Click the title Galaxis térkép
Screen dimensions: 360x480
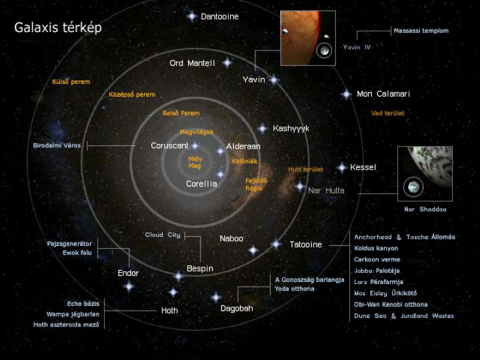pyautogui.click(x=58, y=27)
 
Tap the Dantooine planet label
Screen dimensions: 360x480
pyautogui.click(x=219, y=16)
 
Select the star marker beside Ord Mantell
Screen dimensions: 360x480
pyautogui.click(x=227, y=63)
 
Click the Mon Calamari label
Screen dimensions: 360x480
pyautogui.click(x=383, y=94)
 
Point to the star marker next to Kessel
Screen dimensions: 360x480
pyautogui.click(x=342, y=167)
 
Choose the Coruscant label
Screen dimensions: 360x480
pyautogui.click(x=169, y=146)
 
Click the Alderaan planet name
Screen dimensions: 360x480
pyautogui.click(x=243, y=146)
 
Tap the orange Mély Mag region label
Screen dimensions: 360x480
pyautogui.click(x=195, y=162)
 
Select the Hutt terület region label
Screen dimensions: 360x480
pyautogui.click(x=305, y=170)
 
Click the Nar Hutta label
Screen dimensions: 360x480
pyautogui.click(x=326, y=191)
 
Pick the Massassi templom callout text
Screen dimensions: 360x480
pyautogui.click(x=421, y=31)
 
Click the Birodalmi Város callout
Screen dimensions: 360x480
pyautogui.click(x=57, y=145)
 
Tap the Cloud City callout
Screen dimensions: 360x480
pyautogui.click(x=163, y=235)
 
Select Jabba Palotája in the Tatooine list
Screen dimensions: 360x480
pyautogui.click(x=377, y=271)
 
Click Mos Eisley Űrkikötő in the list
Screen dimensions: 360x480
pyautogui.click(x=385, y=293)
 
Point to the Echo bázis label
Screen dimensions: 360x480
pyautogui.click(x=83, y=303)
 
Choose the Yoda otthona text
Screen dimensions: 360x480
pyautogui.click(x=295, y=289)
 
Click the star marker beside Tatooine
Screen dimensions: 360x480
pyautogui.click(x=275, y=245)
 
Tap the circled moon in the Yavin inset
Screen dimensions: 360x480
pyautogui.click(x=324, y=51)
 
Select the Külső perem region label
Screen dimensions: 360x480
pyautogui.click(x=70, y=82)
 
